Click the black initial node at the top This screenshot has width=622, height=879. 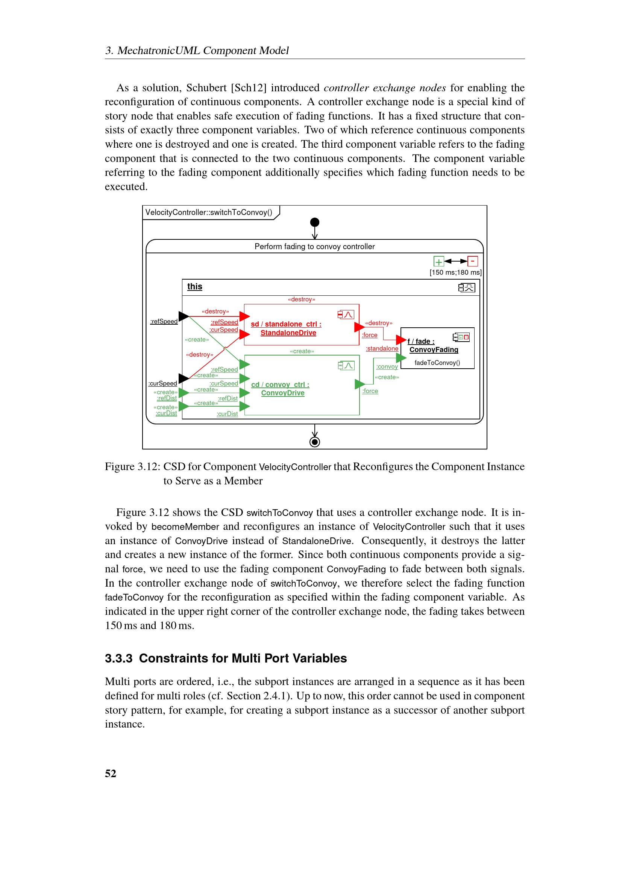314,222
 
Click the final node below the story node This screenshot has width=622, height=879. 314,442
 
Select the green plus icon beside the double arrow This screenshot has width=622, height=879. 438,262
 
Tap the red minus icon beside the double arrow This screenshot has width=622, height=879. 473,261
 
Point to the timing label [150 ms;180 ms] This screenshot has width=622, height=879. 455,272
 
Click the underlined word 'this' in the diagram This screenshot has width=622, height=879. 194,286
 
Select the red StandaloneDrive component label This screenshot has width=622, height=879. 288,333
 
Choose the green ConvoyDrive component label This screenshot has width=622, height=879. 283,393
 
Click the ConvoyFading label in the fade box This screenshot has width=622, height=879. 434,349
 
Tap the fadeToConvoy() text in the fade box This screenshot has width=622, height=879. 437,363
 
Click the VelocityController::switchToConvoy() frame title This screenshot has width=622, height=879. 209,212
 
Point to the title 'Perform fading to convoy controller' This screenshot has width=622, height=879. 314,247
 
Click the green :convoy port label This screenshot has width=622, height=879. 387,366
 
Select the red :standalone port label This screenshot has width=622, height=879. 382,348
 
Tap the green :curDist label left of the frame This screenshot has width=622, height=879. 166,413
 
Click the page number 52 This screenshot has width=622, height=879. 110,773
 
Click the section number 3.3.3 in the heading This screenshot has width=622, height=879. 119,658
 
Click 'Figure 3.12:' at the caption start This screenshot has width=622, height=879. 132,467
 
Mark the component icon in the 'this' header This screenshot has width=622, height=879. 466,287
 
